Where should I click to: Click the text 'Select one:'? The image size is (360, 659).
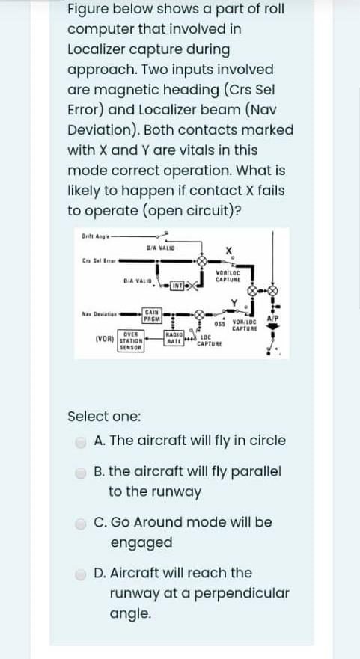coord(102,416)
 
